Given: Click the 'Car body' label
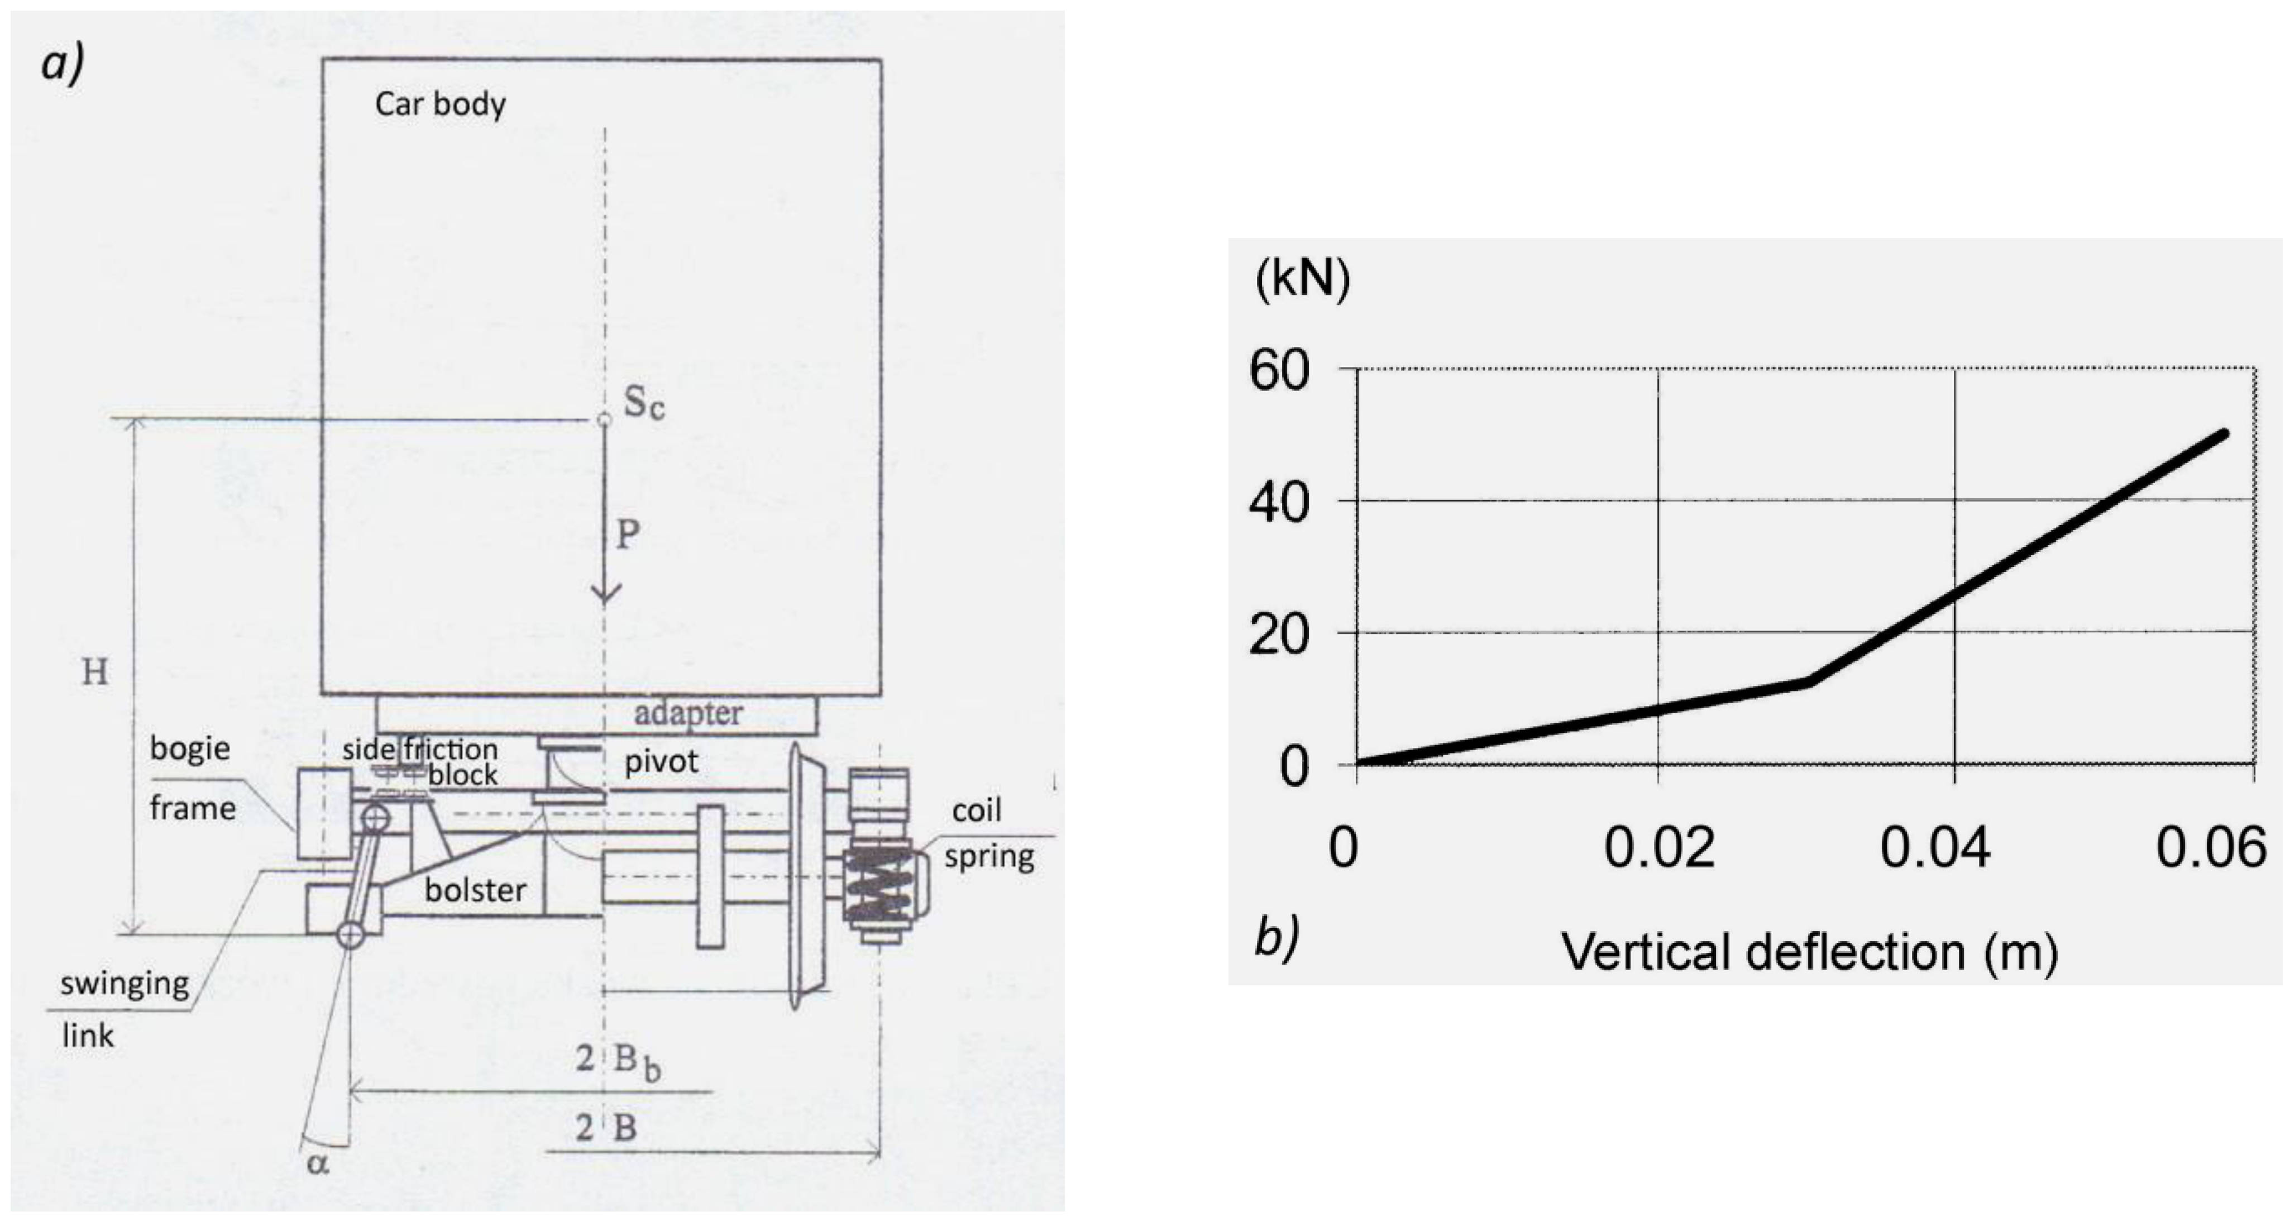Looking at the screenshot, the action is tap(440, 104).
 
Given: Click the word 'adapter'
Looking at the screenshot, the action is tap(688, 713).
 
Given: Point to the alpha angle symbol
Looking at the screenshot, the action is tap(318, 1161).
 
